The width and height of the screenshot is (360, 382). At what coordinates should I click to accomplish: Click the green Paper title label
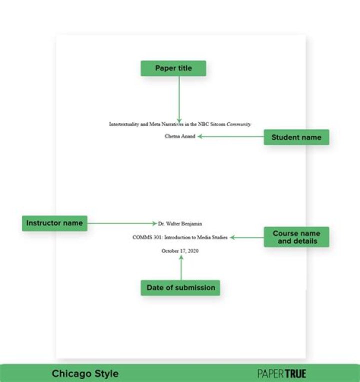(x=173, y=68)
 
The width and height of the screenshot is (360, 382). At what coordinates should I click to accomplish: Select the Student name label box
(x=296, y=137)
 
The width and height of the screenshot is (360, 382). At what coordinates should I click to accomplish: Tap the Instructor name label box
(x=54, y=223)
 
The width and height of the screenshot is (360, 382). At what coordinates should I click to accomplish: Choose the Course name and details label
(x=296, y=237)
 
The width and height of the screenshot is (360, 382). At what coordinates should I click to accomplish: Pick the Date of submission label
(x=180, y=287)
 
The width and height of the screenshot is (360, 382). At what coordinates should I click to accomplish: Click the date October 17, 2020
(x=180, y=251)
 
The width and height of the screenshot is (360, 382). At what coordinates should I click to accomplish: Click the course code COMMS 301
(x=143, y=237)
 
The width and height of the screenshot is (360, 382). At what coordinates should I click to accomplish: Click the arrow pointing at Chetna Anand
(x=230, y=136)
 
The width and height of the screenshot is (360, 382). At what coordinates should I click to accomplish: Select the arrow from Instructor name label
(x=122, y=223)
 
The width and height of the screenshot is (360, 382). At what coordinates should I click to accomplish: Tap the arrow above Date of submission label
(x=181, y=268)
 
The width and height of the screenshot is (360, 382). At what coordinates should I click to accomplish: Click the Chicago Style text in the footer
(x=85, y=373)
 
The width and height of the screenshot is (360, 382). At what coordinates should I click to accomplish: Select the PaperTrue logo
(x=281, y=373)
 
